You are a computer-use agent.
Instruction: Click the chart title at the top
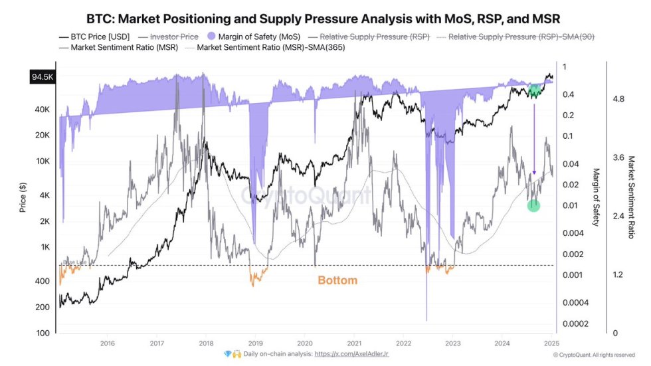[325, 18]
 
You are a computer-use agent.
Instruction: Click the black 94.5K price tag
[41, 77]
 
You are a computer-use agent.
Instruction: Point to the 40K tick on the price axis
[43, 109]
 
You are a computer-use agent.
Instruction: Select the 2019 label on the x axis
[255, 343]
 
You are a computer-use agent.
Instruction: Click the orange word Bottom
[337, 280]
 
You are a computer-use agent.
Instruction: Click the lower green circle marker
[533, 206]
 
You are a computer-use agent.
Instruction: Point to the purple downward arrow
[534, 139]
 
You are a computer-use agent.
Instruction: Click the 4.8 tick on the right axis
[618, 99]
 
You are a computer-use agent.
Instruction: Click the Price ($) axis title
[24, 197]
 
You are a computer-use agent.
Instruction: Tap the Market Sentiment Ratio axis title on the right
[631, 197]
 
